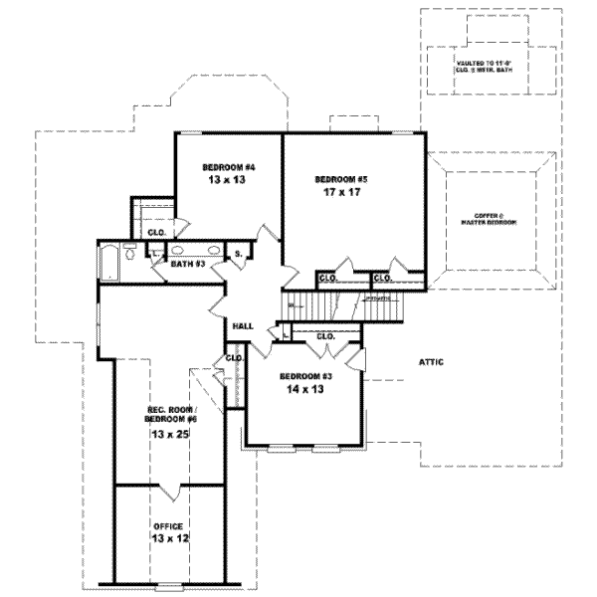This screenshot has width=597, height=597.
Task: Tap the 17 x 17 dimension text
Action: click(340, 193)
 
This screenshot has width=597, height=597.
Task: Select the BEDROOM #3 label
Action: click(305, 375)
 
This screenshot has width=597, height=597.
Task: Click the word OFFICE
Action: click(168, 524)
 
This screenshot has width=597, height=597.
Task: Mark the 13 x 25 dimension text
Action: click(166, 435)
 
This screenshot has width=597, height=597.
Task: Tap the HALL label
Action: click(242, 325)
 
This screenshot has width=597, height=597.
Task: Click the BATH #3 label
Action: click(187, 265)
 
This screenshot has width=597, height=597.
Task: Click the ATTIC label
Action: click(430, 362)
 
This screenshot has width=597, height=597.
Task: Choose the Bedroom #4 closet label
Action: click(156, 233)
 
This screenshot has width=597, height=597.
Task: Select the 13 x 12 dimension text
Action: click(168, 538)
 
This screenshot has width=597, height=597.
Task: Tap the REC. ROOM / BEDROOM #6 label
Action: click(166, 415)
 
